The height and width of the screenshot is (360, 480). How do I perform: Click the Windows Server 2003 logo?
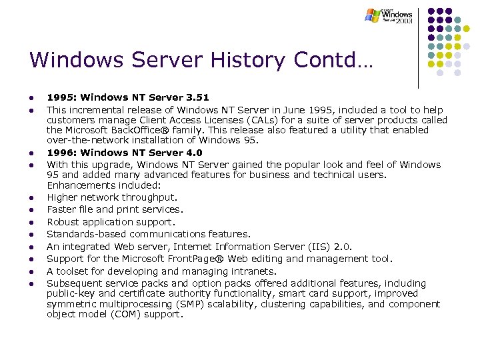tap(389, 15)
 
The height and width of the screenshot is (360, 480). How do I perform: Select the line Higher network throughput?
tap(112, 197)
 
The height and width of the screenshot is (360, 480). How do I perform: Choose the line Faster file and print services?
tap(114, 209)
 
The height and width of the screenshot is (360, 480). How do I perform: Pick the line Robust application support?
tap(111, 222)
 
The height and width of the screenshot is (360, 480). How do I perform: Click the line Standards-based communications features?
tap(149, 234)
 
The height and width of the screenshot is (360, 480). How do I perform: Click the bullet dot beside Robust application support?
tap(32, 223)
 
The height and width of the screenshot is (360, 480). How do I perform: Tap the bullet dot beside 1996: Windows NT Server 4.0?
tap(32, 153)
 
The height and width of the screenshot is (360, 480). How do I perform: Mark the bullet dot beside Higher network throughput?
tap(32, 198)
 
